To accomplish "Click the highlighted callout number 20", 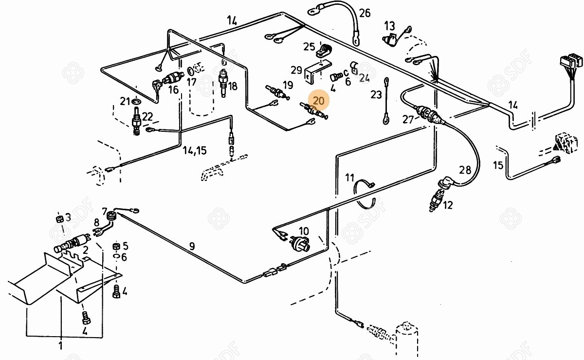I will coord(319,101).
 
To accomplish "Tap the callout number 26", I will coord(365,13).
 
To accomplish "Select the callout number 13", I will coord(390,25).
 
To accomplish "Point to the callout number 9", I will coord(192,246).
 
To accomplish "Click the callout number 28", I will coord(465,170).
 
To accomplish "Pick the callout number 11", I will coord(350,177).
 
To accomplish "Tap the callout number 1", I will coord(60,346).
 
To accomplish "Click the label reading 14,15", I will coord(195,150).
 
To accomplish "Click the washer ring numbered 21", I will coord(137,102).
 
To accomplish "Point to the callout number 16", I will coord(174,90).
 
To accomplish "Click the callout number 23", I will coord(376,94).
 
